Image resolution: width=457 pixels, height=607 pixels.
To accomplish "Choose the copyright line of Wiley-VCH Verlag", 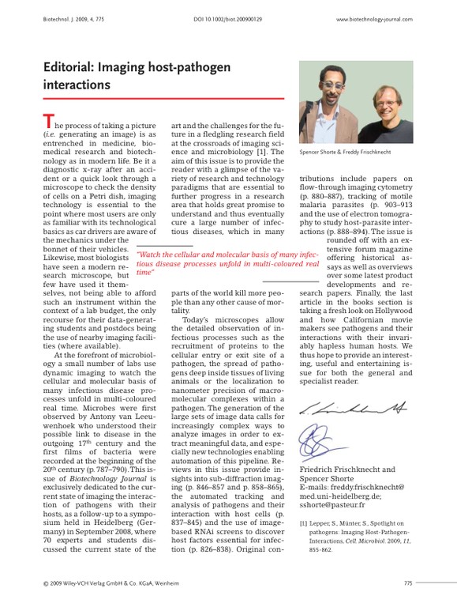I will [x=113, y=583].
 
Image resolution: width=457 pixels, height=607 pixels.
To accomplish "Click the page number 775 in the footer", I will [x=407, y=583].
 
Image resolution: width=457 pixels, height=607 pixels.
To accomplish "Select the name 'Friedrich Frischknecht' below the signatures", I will [x=341, y=469].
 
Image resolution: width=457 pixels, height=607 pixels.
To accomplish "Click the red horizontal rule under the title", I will [x=163, y=99].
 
